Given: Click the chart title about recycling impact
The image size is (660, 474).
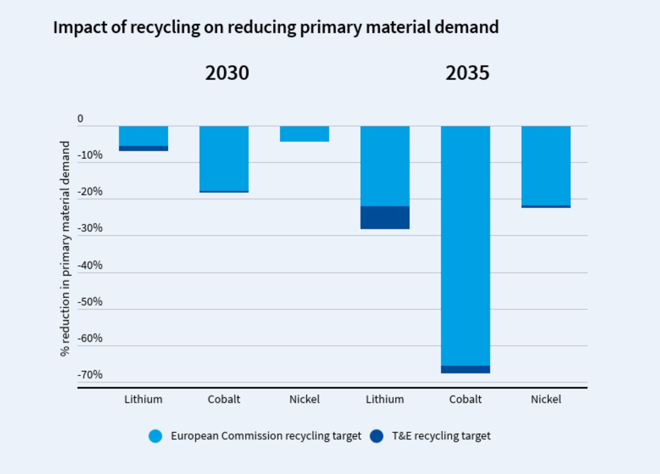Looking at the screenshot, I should (x=276, y=27).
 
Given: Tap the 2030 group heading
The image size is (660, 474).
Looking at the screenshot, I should (x=227, y=73).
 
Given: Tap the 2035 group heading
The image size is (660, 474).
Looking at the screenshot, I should (x=467, y=73).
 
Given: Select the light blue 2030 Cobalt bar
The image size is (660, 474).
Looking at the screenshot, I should (x=224, y=158).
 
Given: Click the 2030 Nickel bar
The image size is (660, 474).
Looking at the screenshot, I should (x=304, y=134).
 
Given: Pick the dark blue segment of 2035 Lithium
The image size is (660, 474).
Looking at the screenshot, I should (x=385, y=217).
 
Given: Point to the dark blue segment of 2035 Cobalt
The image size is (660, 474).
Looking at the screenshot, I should (x=465, y=370).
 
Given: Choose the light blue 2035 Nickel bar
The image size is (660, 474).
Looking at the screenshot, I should (x=546, y=165).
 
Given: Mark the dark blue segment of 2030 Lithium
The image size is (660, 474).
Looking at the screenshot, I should (x=143, y=148).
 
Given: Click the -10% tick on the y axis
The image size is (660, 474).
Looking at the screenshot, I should (x=90, y=155).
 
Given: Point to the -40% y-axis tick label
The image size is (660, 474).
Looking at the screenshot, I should (x=90, y=266).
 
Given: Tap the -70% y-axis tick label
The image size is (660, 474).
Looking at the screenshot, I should (x=90, y=375).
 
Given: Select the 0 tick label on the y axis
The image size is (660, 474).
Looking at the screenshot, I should (x=80, y=118).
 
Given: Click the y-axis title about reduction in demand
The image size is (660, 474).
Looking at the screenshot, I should (x=65, y=249).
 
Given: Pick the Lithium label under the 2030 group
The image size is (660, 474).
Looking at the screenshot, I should (x=143, y=399).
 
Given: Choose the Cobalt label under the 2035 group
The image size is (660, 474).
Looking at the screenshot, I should (x=465, y=399).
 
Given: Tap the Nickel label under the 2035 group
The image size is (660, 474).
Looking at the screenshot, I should (x=546, y=399).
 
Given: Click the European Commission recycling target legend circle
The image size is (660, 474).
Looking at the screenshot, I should (x=156, y=436).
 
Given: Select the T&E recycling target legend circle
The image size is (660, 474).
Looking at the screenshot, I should (x=377, y=436).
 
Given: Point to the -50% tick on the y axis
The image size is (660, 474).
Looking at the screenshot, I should (x=90, y=302).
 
